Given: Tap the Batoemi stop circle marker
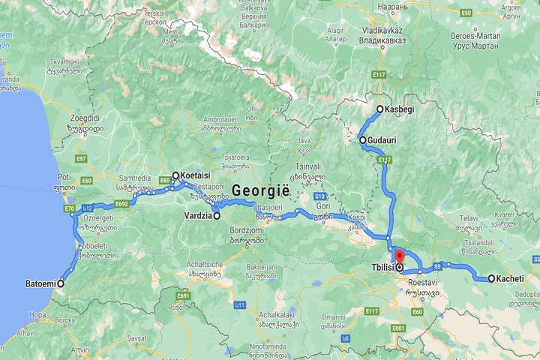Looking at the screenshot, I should (x=61, y=283).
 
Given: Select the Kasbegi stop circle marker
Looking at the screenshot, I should (x=379, y=109).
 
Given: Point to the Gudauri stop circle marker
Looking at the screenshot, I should (x=362, y=140).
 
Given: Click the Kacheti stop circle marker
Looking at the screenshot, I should (x=491, y=279).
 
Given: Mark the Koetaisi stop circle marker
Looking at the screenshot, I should (x=175, y=175).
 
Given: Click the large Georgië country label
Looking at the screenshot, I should (x=262, y=190).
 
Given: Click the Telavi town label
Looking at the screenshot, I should (x=466, y=219).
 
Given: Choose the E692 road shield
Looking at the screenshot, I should (x=123, y=203).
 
